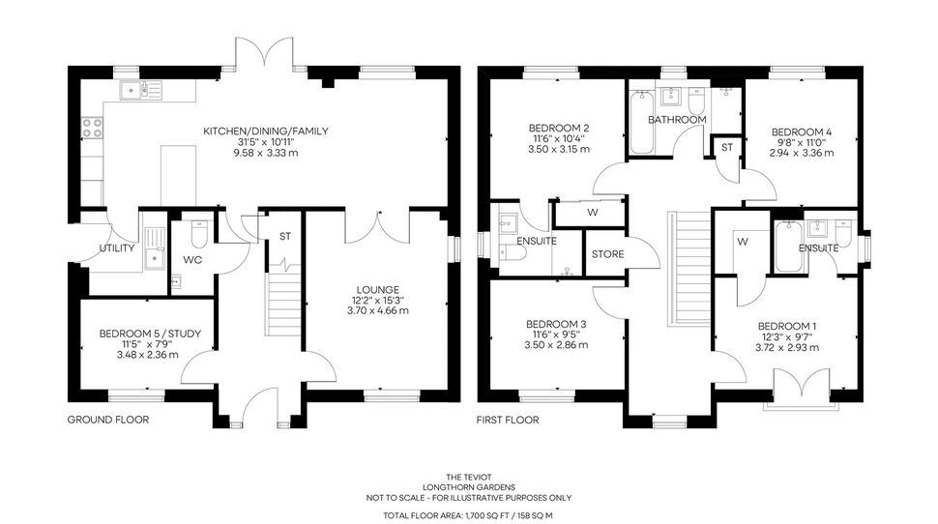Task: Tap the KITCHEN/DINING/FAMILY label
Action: coord(266,131)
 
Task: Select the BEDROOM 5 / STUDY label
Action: coord(150,334)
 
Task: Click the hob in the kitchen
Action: coord(92,127)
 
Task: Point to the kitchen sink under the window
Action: coord(140,90)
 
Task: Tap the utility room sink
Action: coord(155,248)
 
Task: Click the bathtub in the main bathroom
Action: coord(642,122)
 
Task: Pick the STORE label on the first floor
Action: coord(608,254)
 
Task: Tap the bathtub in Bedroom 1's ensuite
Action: coord(786,246)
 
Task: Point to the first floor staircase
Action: coord(689,267)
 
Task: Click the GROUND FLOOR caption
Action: coord(108,420)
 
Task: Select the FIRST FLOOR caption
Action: coord(508,420)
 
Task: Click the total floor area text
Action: coord(468,515)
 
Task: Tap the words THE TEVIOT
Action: coord(469,477)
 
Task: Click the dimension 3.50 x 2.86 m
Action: coord(556,345)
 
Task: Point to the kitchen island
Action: coord(178,175)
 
